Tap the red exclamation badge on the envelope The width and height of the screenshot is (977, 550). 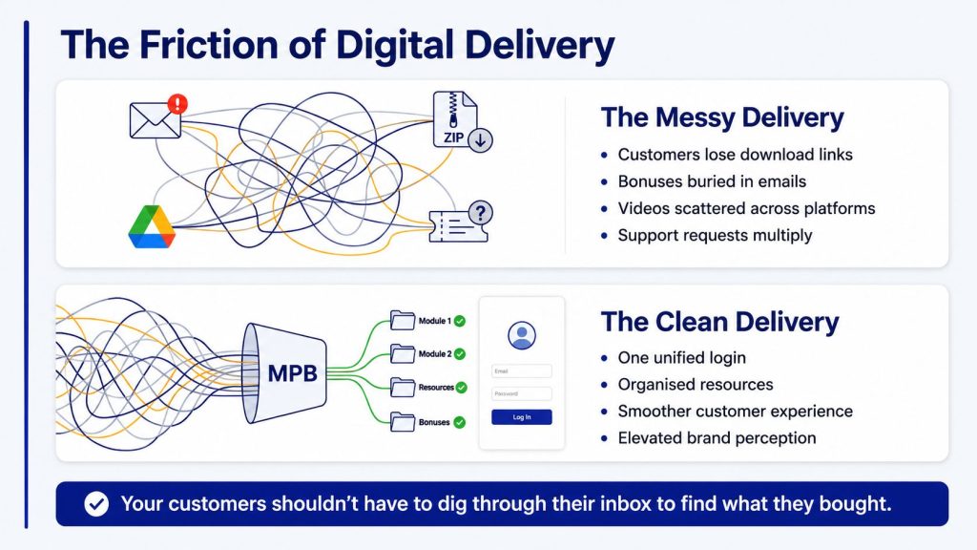click(x=177, y=103)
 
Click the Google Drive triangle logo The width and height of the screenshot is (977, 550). click(x=152, y=227)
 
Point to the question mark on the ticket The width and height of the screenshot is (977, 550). click(x=480, y=213)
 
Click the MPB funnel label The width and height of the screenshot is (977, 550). click(x=292, y=373)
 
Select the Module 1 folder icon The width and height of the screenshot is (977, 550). click(x=403, y=321)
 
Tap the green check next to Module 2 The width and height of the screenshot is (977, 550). click(x=460, y=354)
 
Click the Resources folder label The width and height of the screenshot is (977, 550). click(x=435, y=388)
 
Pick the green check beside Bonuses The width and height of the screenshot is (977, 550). click(x=459, y=422)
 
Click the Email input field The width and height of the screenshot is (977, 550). click(x=522, y=371)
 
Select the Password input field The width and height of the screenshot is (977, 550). click(x=522, y=393)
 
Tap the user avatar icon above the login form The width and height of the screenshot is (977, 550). click(x=522, y=335)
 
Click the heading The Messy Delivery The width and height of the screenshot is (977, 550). click(x=722, y=117)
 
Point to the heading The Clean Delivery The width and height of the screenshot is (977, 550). click(x=719, y=322)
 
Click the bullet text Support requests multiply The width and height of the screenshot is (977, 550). click(x=715, y=235)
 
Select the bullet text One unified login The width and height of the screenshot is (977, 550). click(x=681, y=357)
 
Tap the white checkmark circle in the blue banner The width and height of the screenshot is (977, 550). click(x=96, y=504)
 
